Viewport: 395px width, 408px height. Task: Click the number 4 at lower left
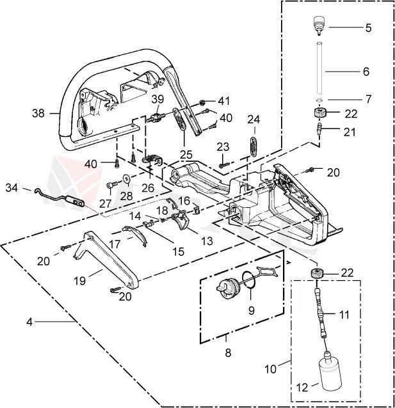(29, 322)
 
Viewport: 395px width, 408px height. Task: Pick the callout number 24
(254, 119)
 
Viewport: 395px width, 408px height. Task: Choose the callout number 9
(251, 311)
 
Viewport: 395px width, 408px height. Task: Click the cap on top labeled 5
(319, 26)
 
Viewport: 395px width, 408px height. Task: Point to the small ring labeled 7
(319, 100)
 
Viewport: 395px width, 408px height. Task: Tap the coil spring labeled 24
(254, 145)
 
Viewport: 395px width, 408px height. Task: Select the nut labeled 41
(203, 102)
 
